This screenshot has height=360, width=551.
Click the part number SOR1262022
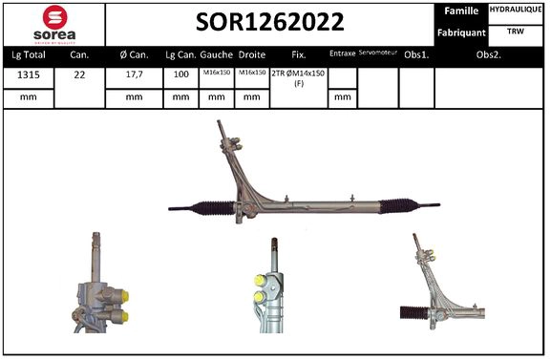coord(271,22)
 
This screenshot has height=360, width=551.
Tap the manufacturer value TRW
coord(517,32)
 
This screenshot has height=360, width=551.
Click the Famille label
coord(461,11)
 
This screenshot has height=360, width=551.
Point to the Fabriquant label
coord(461,32)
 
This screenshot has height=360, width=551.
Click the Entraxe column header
coord(342,54)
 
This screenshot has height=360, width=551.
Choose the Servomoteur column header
coord(377,53)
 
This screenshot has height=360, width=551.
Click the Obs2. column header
coord(490,54)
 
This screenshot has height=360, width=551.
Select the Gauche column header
coord(217,54)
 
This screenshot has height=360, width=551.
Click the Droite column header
coord(252,54)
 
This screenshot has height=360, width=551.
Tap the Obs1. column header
coord(416,54)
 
